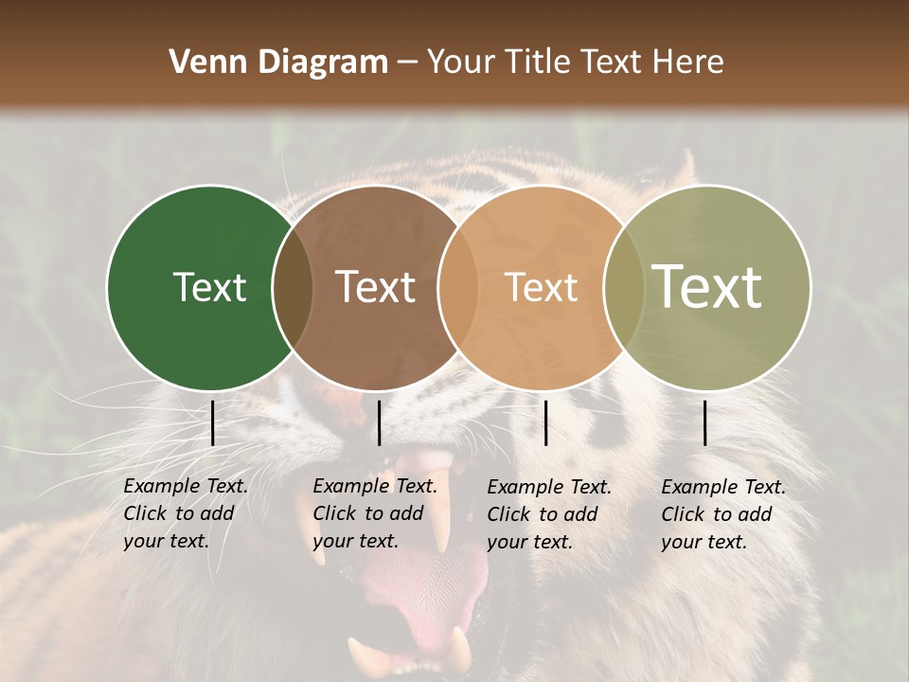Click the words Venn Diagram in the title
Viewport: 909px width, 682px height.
277,63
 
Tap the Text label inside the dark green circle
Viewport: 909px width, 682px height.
209,288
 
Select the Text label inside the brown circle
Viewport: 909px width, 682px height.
376,288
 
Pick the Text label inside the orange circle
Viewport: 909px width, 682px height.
542,288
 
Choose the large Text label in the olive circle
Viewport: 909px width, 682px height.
706,287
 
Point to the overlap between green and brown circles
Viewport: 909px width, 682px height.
293,288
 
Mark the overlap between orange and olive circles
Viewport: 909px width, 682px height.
624,288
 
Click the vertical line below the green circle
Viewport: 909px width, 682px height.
212,422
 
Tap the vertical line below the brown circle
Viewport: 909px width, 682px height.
379,422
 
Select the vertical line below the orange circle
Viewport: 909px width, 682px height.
545,422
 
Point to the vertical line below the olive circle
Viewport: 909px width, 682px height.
705,422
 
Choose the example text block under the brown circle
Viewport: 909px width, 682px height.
375,513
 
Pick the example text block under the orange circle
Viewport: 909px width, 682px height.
549,514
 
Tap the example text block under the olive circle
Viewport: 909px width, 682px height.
723,514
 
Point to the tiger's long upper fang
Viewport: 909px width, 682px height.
440,511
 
